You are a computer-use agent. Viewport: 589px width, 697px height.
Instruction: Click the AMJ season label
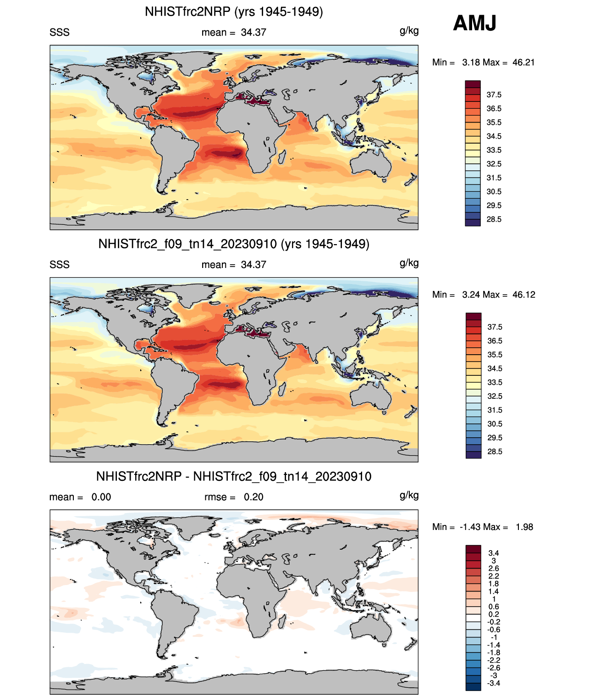[474, 23]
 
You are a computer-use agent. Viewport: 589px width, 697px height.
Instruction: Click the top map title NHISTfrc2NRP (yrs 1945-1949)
[234, 11]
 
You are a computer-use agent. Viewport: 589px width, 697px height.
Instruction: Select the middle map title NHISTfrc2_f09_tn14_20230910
[234, 244]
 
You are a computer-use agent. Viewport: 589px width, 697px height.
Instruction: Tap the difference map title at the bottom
[234, 476]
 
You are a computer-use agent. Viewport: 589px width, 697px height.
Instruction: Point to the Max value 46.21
[523, 62]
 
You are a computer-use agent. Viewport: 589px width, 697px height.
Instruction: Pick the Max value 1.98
[524, 527]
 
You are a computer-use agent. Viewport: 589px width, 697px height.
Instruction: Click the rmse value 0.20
[253, 497]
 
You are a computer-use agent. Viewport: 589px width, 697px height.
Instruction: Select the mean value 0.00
[101, 497]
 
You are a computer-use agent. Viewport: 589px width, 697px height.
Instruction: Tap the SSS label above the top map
[60, 33]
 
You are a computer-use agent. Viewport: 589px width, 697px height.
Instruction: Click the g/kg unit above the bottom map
[409, 495]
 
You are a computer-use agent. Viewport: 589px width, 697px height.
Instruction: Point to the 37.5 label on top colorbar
[494, 95]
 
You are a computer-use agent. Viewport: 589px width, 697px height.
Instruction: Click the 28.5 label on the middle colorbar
[495, 452]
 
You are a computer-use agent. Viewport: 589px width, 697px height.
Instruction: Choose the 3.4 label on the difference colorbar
[494, 553]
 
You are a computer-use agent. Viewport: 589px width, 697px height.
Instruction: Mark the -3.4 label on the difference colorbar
[494, 683]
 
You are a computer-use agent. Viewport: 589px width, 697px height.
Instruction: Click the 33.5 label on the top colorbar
[494, 150]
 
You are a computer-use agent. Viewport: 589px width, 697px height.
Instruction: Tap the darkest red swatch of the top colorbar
[473, 84]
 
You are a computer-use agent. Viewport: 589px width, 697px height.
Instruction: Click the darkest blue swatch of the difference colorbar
[473, 687]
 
